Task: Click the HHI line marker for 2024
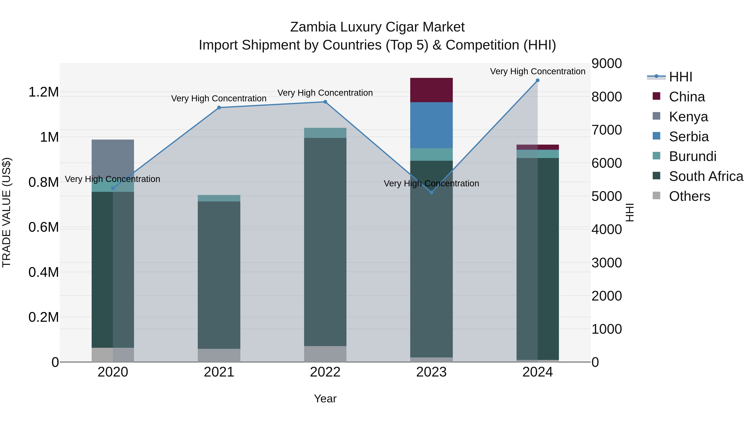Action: [538, 80]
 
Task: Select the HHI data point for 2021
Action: [219, 108]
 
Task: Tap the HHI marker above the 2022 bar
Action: [325, 102]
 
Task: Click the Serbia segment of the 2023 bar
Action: [431, 125]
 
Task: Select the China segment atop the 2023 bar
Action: [431, 90]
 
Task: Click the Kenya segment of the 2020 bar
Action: [113, 158]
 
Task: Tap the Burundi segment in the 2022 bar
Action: [325, 133]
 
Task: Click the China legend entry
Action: [687, 97]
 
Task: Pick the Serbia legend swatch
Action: [656, 136]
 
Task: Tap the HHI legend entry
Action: [681, 77]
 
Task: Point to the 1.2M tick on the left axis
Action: [43, 92]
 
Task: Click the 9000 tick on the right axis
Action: [606, 63]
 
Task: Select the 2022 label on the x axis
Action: [325, 372]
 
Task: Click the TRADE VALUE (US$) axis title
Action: [7, 212]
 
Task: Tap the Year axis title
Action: [325, 399]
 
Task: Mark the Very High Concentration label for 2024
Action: [538, 71]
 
